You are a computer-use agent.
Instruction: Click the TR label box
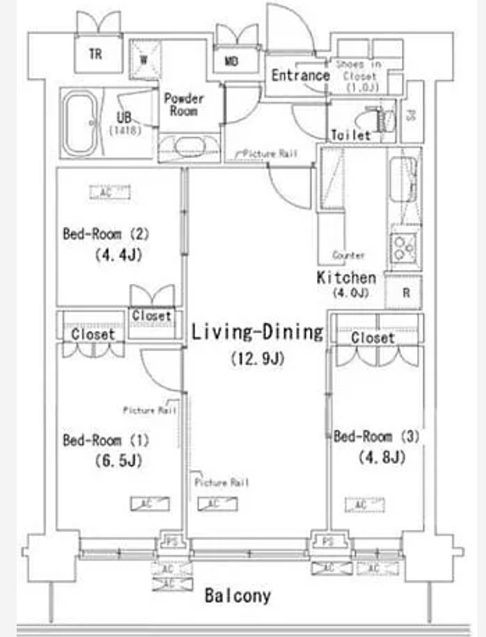pyautogui.click(x=95, y=55)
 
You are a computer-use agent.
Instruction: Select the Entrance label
pyautogui.click(x=300, y=75)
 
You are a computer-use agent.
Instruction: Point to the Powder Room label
pyautogui.click(x=183, y=106)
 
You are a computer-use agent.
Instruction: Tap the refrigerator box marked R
pyautogui.click(x=405, y=292)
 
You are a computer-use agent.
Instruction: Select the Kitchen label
pyautogui.click(x=346, y=278)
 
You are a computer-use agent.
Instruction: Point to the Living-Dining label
pyautogui.click(x=257, y=332)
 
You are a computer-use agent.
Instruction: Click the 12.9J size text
pyautogui.click(x=257, y=358)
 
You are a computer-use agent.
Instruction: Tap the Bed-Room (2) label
pyautogui.click(x=106, y=234)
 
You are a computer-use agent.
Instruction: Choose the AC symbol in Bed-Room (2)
pyautogui.click(x=106, y=192)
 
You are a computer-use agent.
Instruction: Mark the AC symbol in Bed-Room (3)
pyautogui.click(x=359, y=504)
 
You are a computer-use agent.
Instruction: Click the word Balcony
pyautogui.click(x=237, y=595)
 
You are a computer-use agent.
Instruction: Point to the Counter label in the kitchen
pyautogui.click(x=349, y=256)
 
